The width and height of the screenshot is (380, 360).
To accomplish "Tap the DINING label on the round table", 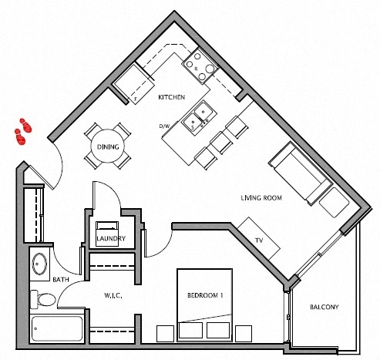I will (107, 147).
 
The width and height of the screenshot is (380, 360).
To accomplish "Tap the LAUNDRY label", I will (109, 239).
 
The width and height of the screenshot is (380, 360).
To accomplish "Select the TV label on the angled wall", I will (259, 241).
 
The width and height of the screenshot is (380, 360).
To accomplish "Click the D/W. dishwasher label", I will (163, 125).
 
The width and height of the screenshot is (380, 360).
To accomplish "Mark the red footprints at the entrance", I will (22, 131).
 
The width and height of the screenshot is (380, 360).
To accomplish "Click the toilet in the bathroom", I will (43, 298).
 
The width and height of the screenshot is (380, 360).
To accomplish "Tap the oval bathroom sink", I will (39, 264).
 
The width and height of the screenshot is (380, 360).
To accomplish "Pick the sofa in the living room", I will (298, 173).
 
